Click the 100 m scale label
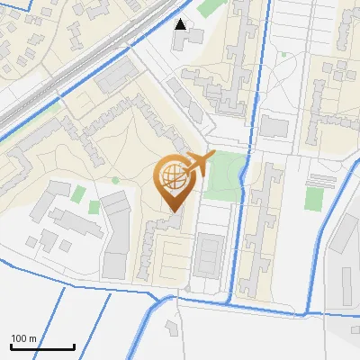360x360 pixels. pos(23,338)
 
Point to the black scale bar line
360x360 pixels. pos(42,347)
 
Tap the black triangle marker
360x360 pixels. pos(181,24)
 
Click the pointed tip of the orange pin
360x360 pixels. pos(175,212)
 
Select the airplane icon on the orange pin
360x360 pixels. pos(201,163)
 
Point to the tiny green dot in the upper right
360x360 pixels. pos(284,54)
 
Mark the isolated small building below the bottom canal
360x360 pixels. pos(172,327)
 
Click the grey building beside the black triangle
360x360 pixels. pos(194,36)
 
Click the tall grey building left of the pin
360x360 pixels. pos(116,234)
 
